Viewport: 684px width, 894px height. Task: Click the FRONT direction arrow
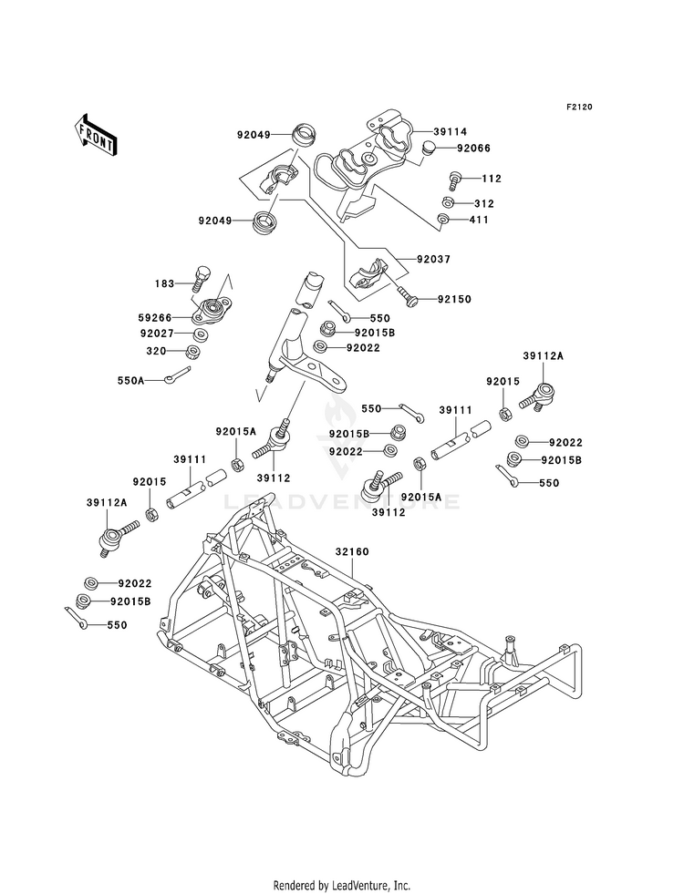[95, 135]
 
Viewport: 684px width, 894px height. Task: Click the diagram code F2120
[579, 107]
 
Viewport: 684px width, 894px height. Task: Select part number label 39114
[451, 132]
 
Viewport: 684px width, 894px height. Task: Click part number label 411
[479, 220]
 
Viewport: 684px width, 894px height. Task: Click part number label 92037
[433, 259]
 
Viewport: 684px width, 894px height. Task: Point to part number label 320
[156, 351]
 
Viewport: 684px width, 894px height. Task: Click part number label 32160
[352, 552]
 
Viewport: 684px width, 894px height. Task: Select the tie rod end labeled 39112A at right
[536, 396]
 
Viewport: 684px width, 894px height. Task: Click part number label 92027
[157, 334]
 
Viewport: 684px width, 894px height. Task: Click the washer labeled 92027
[201, 334]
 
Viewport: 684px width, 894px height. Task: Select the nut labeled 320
[193, 351]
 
